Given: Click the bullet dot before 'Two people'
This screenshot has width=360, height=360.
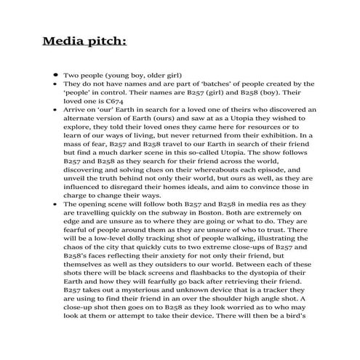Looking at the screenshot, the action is (55, 75).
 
